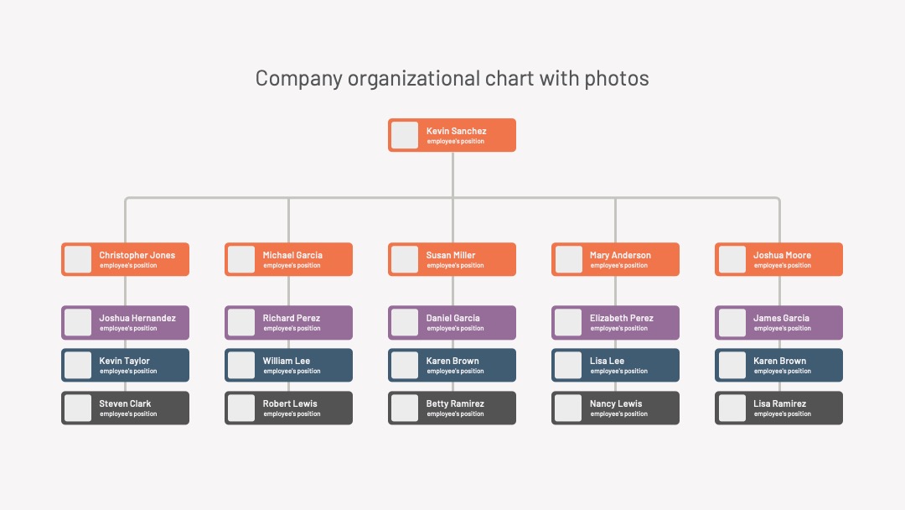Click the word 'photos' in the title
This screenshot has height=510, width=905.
coord(617,79)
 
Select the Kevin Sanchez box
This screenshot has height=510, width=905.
coord(452,135)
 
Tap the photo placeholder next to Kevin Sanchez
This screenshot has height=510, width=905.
coord(405,135)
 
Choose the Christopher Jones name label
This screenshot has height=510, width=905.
coord(137,255)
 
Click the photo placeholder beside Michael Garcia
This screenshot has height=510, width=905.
coord(241,259)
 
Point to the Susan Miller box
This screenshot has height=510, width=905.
coord(452,259)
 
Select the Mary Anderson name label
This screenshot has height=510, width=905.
coord(620,255)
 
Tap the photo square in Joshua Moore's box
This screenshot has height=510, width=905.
coord(732,259)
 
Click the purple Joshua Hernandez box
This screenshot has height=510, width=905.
coord(125,322)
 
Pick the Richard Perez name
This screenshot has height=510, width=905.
coord(292,318)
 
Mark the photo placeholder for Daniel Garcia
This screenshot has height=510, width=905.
coord(405,322)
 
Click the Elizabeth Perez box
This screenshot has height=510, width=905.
coord(615,322)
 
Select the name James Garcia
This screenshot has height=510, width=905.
coord(781,318)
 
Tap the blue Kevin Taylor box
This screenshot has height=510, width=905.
coord(125,365)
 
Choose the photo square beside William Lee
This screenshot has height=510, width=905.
coord(241,365)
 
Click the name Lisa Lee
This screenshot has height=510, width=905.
coord(607,361)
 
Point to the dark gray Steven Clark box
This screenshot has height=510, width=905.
coord(125,408)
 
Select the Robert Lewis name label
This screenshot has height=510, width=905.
coord(290,403)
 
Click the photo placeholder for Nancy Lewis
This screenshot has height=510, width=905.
coord(568,408)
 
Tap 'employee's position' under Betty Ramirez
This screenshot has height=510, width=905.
coord(455,414)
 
